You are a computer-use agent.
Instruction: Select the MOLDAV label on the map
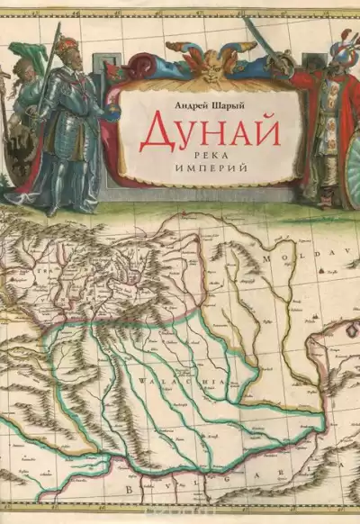[x=292, y=256]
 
